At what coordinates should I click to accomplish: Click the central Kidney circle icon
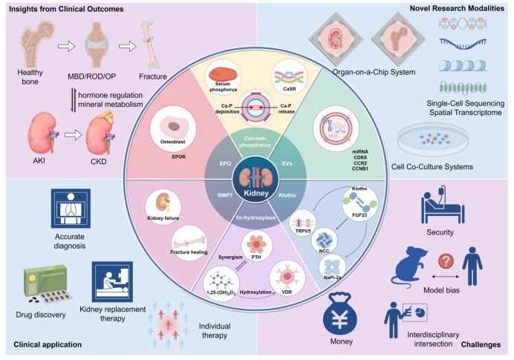[x=256, y=180]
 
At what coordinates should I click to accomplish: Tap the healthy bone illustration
[x=36, y=44]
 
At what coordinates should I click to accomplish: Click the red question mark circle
[x=446, y=261]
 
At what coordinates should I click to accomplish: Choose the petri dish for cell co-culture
[x=433, y=140]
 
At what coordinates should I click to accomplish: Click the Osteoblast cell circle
[x=173, y=128]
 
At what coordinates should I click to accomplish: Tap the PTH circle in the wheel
[x=257, y=246]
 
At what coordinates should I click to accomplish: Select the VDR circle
[x=287, y=278]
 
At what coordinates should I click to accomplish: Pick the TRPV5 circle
[x=303, y=223]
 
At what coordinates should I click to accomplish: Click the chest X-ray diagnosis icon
[x=71, y=208]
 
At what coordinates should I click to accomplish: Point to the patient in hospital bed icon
[x=442, y=204]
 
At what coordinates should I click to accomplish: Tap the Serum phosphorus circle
[x=223, y=77]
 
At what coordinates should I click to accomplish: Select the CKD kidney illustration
[x=100, y=133]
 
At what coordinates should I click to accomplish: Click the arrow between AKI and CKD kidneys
[x=73, y=134]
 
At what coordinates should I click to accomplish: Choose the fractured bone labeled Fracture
[x=151, y=45]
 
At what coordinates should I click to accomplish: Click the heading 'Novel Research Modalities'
[x=457, y=8]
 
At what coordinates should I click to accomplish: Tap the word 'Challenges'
[x=481, y=344]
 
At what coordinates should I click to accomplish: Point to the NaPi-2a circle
[x=333, y=267]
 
